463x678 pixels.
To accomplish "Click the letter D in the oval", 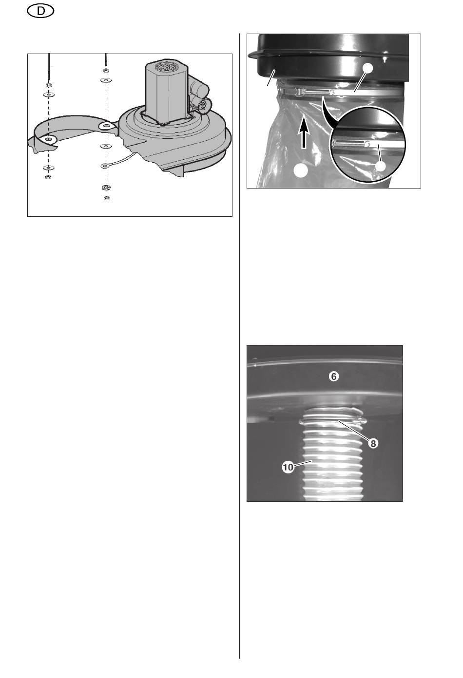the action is (40, 12).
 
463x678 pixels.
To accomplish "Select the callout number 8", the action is (373, 443).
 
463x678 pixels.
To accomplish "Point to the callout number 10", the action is (288, 467).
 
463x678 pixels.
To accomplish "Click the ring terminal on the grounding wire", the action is (105, 166).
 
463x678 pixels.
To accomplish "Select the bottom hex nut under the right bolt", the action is (106, 198).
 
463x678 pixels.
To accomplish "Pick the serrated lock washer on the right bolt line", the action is (106, 188).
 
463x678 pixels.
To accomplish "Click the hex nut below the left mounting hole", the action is (48, 177).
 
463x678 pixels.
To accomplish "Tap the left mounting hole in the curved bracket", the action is (48, 139).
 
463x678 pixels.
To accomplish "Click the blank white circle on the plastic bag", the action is (301, 170).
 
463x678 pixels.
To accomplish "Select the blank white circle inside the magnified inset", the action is (381, 166).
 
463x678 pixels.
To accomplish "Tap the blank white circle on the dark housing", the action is (367, 68).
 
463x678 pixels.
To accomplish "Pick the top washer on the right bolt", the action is (106, 80).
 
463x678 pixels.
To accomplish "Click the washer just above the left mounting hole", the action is (48, 95).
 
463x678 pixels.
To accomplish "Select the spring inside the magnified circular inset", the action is (350, 143).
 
